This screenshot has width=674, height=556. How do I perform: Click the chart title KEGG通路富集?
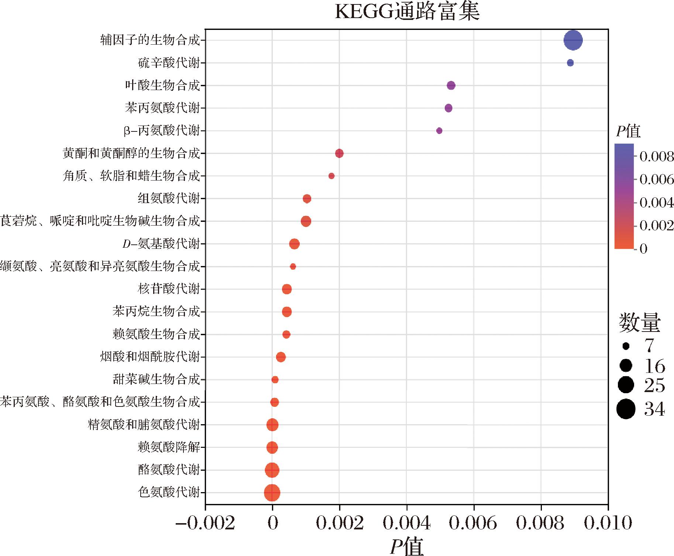(407, 12)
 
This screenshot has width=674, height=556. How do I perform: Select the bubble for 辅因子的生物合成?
(573, 40)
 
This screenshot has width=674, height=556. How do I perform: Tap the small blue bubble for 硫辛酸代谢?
(570, 63)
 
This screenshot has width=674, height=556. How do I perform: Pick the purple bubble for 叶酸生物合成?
(451, 86)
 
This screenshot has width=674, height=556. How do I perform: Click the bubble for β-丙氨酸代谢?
(439, 131)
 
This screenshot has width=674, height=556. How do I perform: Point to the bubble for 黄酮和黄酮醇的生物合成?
(339, 153)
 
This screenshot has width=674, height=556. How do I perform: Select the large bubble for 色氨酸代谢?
(272, 492)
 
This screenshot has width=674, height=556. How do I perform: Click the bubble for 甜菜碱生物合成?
(275, 380)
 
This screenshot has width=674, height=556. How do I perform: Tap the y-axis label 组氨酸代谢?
(169, 199)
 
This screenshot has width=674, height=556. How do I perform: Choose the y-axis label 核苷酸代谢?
(169, 289)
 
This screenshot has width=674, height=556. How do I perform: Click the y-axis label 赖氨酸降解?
(169, 447)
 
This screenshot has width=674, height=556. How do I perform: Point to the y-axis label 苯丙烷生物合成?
(156, 312)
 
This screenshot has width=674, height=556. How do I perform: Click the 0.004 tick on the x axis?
(406, 523)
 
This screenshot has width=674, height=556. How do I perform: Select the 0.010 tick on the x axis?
(608, 523)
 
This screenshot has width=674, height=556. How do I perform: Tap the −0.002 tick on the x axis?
(205, 523)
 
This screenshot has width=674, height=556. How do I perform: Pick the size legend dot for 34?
(626, 409)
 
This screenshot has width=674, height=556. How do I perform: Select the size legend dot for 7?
(626, 346)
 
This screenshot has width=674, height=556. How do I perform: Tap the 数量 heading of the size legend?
(639, 323)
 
